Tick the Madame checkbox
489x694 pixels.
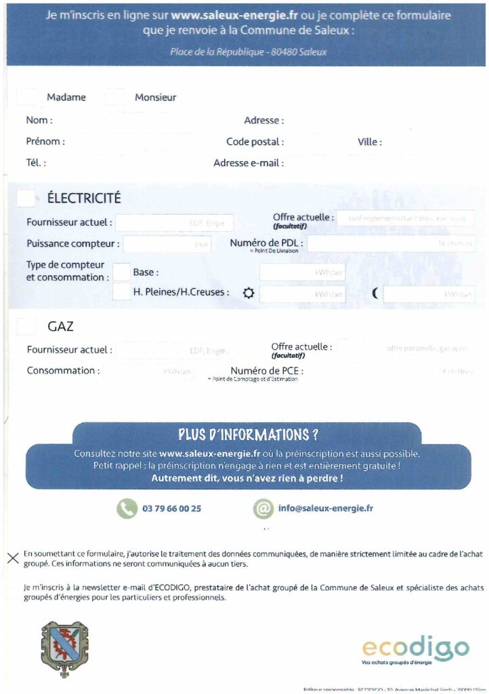[x=26, y=97]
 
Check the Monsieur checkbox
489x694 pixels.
[x=115, y=97]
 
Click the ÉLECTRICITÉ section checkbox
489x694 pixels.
[x=26, y=198]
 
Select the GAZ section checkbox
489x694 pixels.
[x=26, y=326]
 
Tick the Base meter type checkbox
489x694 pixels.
[x=121, y=272]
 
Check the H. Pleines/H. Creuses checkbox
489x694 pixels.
[x=121, y=292]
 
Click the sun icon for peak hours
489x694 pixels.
[x=249, y=293]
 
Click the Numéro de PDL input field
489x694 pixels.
[x=391, y=243]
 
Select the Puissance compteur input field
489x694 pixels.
[x=167, y=244]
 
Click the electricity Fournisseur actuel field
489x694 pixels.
[x=174, y=222]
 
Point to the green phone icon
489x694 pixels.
[x=126, y=508]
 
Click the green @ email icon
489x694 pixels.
[x=262, y=508]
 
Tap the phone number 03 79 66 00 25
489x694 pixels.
[x=172, y=508]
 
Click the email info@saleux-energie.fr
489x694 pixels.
[x=326, y=508]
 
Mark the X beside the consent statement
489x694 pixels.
[x=12, y=558]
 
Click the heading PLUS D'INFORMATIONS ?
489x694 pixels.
[x=248, y=434]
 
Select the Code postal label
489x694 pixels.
[x=255, y=142]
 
